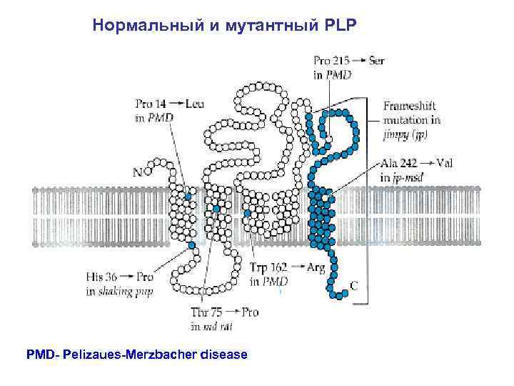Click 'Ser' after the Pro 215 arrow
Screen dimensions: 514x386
(377, 61)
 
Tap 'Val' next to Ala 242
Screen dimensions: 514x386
(444, 163)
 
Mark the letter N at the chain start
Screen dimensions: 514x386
(137, 172)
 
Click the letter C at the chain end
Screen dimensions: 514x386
(354, 284)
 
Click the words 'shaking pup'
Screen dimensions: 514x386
(127, 291)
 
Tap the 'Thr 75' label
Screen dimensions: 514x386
(206, 313)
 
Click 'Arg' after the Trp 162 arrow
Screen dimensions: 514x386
(316, 268)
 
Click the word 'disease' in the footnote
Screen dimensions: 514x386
(223, 354)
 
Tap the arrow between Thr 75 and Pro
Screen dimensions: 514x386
(231, 313)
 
